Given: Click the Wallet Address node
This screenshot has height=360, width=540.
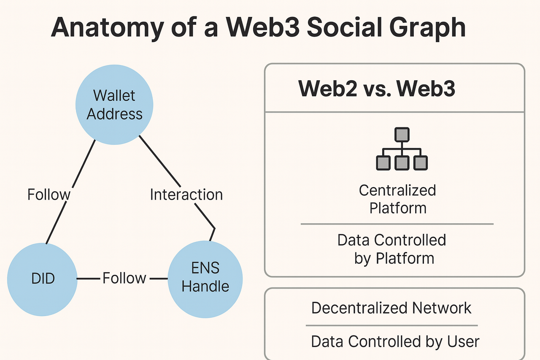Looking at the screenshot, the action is (x=114, y=105).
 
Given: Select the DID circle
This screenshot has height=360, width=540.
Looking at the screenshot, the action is (x=42, y=279).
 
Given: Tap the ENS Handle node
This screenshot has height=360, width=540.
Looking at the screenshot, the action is (x=205, y=279).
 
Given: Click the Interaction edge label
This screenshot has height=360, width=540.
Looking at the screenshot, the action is (x=186, y=195).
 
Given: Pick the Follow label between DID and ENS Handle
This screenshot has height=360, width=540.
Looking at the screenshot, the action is (x=124, y=278).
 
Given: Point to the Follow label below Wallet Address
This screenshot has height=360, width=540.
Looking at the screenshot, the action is (x=49, y=195).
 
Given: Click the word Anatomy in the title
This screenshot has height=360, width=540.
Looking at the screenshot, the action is (x=108, y=27).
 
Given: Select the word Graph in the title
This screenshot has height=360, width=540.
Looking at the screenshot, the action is (x=427, y=27).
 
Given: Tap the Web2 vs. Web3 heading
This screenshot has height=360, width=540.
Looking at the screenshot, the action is (x=377, y=89).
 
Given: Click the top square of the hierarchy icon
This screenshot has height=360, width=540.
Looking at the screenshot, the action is (x=402, y=135).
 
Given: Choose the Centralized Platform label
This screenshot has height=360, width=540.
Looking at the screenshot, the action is (x=397, y=199).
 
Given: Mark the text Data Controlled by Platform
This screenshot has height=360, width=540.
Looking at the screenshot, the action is (x=392, y=249).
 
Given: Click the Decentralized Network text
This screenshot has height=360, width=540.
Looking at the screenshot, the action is (x=391, y=308).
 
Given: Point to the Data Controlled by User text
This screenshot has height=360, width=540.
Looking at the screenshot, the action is (x=395, y=341).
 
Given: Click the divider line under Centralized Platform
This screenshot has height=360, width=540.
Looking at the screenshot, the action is (x=397, y=224).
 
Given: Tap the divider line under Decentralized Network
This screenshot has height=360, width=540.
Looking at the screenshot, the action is (x=392, y=325).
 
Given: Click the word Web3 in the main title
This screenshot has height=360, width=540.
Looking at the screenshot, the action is (x=262, y=27).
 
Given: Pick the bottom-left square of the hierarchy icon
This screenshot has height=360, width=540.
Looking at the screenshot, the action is (x=383, y=163).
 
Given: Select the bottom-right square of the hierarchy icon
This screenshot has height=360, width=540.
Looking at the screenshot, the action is (x=421, y=163).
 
